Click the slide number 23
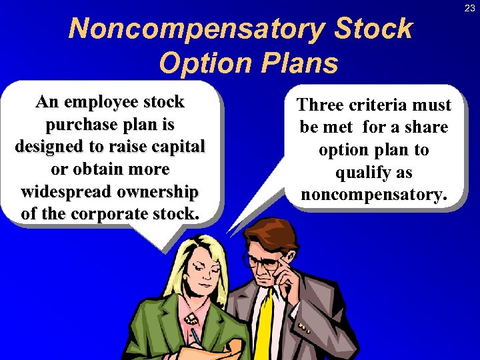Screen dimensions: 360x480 (470, 8)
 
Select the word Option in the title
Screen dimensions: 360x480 (204, 63)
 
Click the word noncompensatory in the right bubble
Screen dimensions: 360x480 (373, 195)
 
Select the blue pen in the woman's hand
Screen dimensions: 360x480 (196, 337)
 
